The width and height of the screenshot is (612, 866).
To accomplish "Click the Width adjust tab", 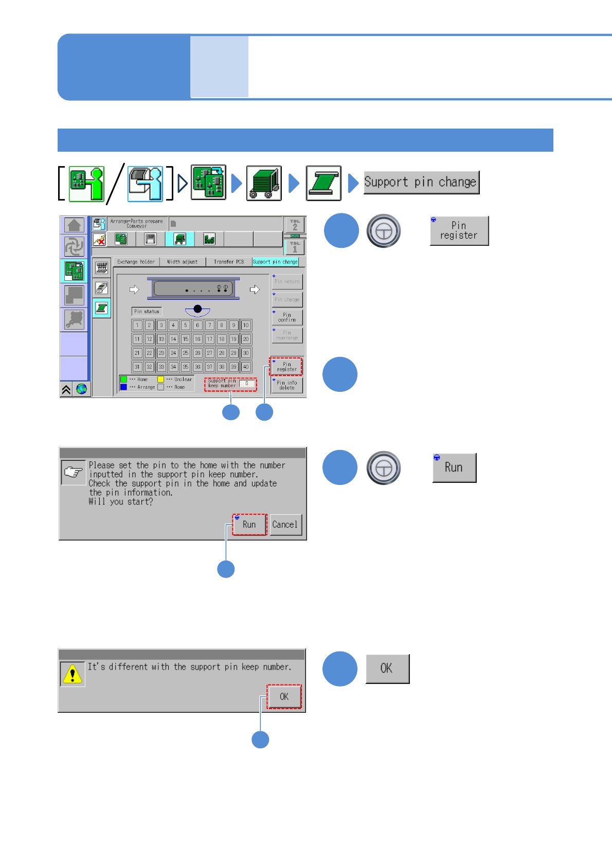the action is (x=183, y=262).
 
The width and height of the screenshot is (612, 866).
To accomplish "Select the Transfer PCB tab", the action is (x=229, y=262).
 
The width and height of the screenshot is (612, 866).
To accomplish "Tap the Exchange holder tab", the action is (x=136, y=262).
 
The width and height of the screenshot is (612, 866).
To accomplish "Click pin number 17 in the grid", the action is (x=209, y=339).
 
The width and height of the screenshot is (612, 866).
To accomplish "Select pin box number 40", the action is (x=246, y=367).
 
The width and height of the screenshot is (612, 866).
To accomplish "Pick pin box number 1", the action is (x=137, y=326).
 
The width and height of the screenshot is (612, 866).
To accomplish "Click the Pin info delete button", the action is (x=287, y=385).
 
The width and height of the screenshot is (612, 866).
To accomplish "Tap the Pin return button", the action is (x=287, y=281).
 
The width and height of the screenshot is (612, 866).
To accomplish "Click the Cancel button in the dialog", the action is (x=285, y=525).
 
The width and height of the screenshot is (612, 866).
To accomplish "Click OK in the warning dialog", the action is (x=284, y=697).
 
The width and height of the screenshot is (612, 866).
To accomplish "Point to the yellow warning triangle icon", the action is (x=73, y=674).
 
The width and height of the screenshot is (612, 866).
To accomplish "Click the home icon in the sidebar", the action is (x=75, y=225).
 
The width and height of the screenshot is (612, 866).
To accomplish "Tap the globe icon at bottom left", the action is (x=82, y=389).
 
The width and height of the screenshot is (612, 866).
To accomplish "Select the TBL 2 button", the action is (x=295, y=225).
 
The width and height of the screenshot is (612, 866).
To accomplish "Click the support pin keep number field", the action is (x=247, y=384).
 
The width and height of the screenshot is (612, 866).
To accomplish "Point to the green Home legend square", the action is (x=123, y=380).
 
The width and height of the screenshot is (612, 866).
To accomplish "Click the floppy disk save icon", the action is (x=150, y=239).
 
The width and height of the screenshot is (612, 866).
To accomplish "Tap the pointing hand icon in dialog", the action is (x=74, y=472).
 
